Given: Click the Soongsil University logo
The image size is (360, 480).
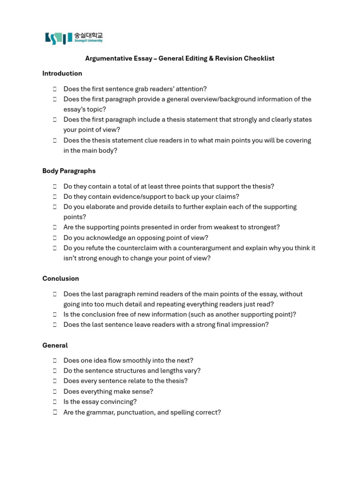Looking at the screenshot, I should [x=74, y=37].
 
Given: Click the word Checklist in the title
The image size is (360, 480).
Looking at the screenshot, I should [x=259, y=59].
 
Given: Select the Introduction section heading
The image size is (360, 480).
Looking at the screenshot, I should [x=62, y=74].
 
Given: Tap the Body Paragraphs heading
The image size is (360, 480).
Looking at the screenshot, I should [x=69, y=171].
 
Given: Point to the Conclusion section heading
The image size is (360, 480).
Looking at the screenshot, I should [x=60, y=278].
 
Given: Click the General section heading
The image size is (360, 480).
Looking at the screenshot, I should [x=55, y=345].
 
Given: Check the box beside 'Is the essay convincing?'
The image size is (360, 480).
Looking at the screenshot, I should [x=55, y=402].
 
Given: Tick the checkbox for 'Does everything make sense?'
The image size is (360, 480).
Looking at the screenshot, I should [x=55, y=391].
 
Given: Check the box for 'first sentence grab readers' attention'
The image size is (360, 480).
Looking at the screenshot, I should [x=55, y=89].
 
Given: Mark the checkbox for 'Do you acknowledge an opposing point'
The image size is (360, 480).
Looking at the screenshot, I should [x=55, y=238].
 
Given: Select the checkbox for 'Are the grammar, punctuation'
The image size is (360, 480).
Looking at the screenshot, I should [x=55, y=412].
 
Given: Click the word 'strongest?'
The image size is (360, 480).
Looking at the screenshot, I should [x=263, y=227].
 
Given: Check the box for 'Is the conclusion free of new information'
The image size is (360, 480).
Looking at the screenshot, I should [x=55, y=315].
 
